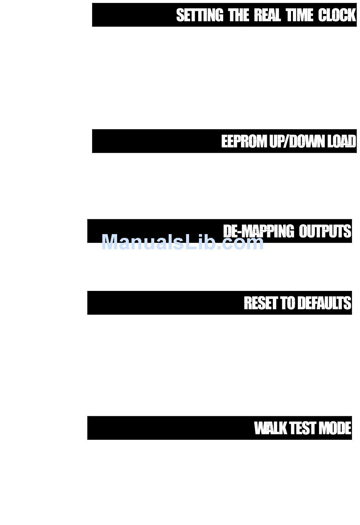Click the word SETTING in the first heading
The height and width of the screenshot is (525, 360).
pyautogui.click(x=200, y=16)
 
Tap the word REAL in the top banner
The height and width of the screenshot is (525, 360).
pyautogui.click(x=267, y=16)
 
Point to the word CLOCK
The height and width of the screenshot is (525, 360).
pyautogui.click(x=337, y=16)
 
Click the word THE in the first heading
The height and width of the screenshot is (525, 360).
pyautogui.click(x=239, y=16)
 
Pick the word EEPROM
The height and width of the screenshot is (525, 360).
pyautogui.click(x=244, y=141)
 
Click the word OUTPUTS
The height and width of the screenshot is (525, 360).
pyautogui.click(x=325, y=231)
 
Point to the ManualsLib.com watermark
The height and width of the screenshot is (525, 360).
pyautogui.click(x=182, y=242)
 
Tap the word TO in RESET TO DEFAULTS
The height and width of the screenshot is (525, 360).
pyautogui.click(x=288, y=303)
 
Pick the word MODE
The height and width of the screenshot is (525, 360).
pyautogui.click(x=335, y=428)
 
